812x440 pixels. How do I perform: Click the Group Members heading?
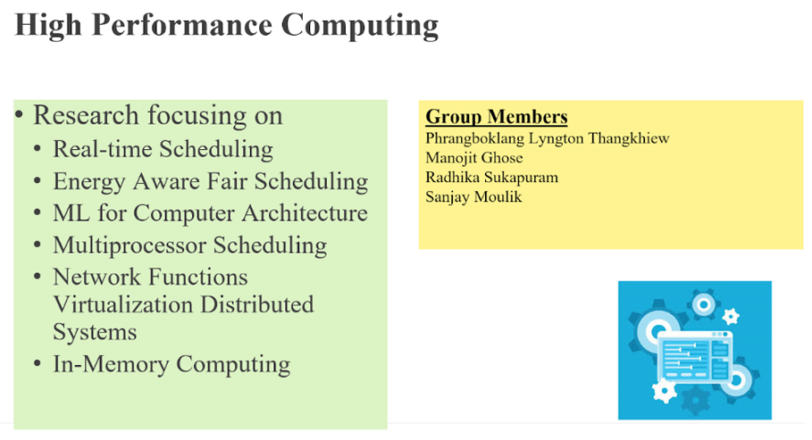pyautogui.click(x=496, y=117)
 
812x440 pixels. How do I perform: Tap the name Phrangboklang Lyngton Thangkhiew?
pyautogui.click(x=548, y=139)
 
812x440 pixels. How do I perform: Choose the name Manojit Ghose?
pyautogui.click(x=473, y=158)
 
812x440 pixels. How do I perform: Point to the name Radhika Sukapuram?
pyautogui.click(x=491, y=178)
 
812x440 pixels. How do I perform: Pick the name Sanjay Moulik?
pyautogui.click(x=473, y=197)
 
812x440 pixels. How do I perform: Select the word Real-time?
pyautogui.click(x=103, y=149)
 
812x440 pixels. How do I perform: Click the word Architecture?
pyautogui.click(x=305, y=213)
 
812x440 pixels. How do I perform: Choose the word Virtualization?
pyautogui.click(x=123, y=304)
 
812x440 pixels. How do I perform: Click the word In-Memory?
pyautogui.click(x=111, y=364)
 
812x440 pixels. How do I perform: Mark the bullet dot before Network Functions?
pyautogui.click(x=38, y=277)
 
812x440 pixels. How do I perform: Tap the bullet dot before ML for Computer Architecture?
pyautogui.click(x=38, y=212)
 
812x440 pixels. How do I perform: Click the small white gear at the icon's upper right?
pyautogui.click(x=730, y=316)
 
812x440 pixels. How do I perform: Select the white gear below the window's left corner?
pyautogui.click(x=664, y=391)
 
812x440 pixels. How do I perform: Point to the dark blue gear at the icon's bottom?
pyautogui.click(x=695, y=401)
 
